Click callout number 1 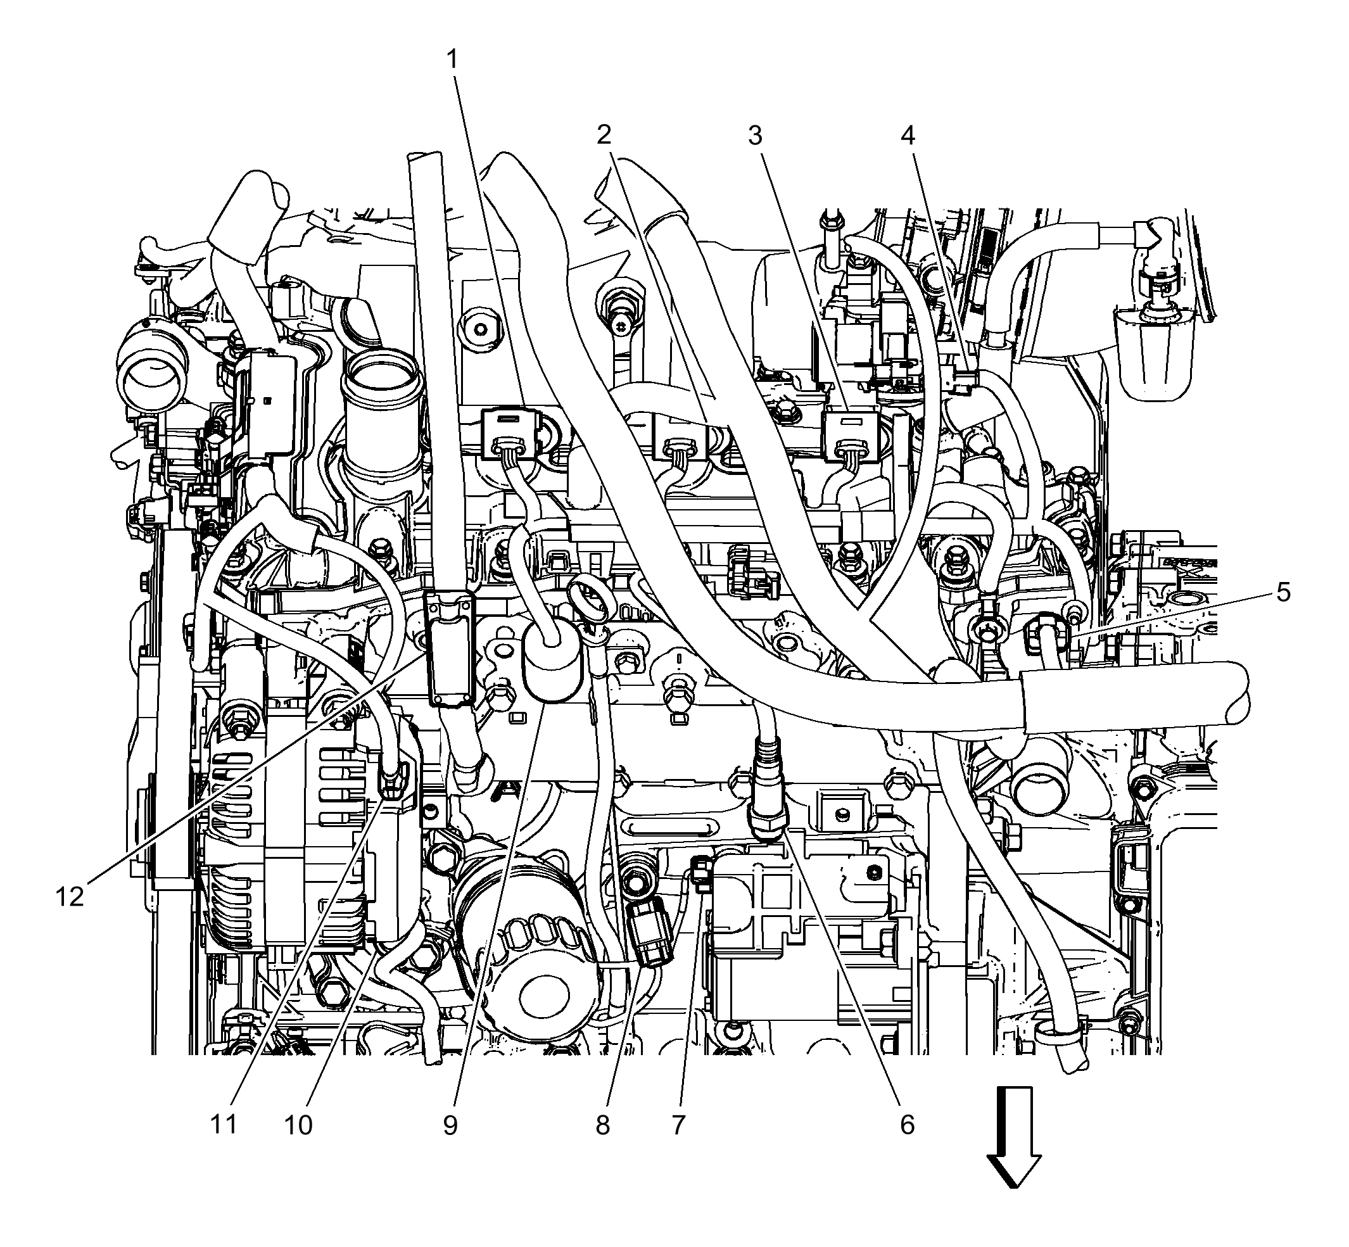coord(452,60)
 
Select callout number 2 coord(604,135)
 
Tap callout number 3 coord(755,136)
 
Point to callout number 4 coord(908,136)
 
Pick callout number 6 coord(907,1125)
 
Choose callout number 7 coord(678,1125)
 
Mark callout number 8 coord(603,1125)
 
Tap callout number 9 coord(451,1125)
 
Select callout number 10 coord(298,1125)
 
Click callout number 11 coord(224,1125)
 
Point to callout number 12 coord(70,897)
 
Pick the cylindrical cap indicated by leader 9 coord(552,661)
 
